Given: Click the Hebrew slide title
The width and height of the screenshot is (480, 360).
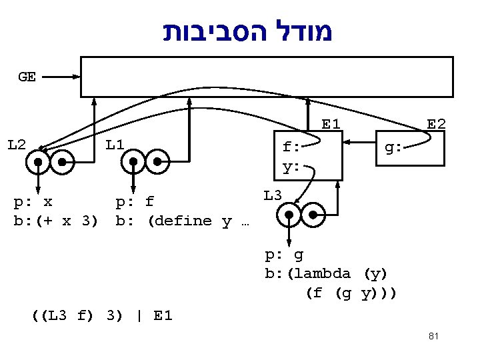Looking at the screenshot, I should [248, 31].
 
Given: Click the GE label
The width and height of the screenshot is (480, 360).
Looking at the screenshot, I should [27, 77].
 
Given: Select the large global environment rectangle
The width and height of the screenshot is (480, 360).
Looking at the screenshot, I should [267, 77].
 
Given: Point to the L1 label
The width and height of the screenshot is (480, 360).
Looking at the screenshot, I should [115, 144].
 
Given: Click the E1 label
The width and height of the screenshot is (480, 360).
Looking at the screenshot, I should [331, 124].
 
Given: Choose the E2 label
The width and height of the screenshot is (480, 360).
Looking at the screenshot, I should [437, 124].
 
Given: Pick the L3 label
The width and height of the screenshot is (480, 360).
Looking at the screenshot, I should [273, 195].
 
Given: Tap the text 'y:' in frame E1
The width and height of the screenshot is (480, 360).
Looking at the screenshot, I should [291, 167].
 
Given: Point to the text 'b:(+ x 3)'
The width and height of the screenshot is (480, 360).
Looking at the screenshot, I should [56, 221].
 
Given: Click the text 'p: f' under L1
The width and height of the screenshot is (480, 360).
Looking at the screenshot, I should [135, 201].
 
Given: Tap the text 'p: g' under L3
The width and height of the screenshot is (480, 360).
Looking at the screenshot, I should [284, 254].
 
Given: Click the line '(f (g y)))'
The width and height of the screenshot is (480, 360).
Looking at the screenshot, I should [351, 293].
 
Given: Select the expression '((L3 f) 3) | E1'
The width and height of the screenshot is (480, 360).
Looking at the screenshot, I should [102, 315].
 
